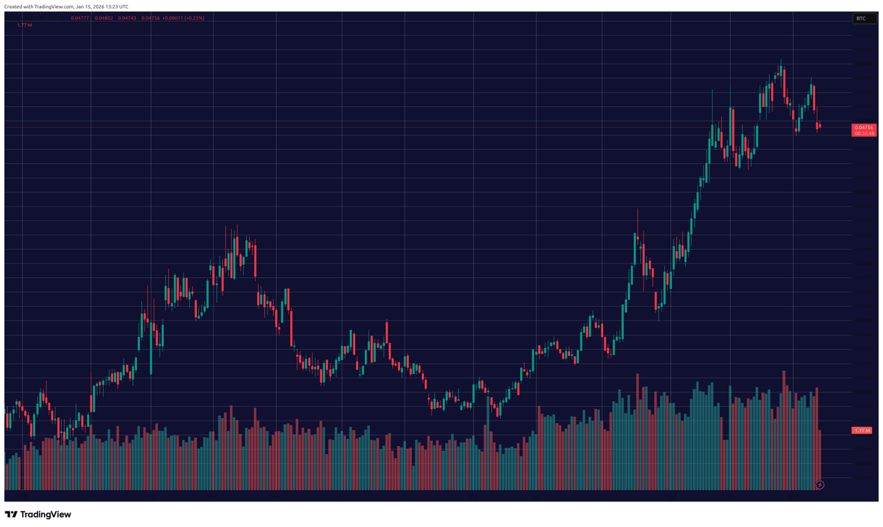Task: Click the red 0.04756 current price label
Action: pyautogui.click(x=863, y=127)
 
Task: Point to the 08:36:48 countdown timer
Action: pyautogui.click(x=863, y=134)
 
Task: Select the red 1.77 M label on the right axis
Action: pyautogui.click(x=861, y=430)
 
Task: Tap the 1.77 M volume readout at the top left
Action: pyautogui.click(x=25, y=25)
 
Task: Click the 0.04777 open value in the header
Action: pyautogui.click(x=80, y=19)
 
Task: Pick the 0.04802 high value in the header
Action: pyautogui.click(x=104, y=19)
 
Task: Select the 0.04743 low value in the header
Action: pyautogui.click(x=127, y=19)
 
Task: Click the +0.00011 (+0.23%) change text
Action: pyautogui.click(x=183, y=19)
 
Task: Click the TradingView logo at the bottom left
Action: pyautogui.click(x=38, y=514)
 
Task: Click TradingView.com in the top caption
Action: pyautogui.click(x=54, y=7)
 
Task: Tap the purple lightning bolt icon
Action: pyautogui.click(x=819, y=485)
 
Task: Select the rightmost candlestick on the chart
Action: pyautogui.click(x=819, y=126)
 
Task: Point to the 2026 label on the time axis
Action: pyautogui.click(x=792, y=495)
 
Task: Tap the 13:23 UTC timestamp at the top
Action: pyautogui.click(x=117, y=7)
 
